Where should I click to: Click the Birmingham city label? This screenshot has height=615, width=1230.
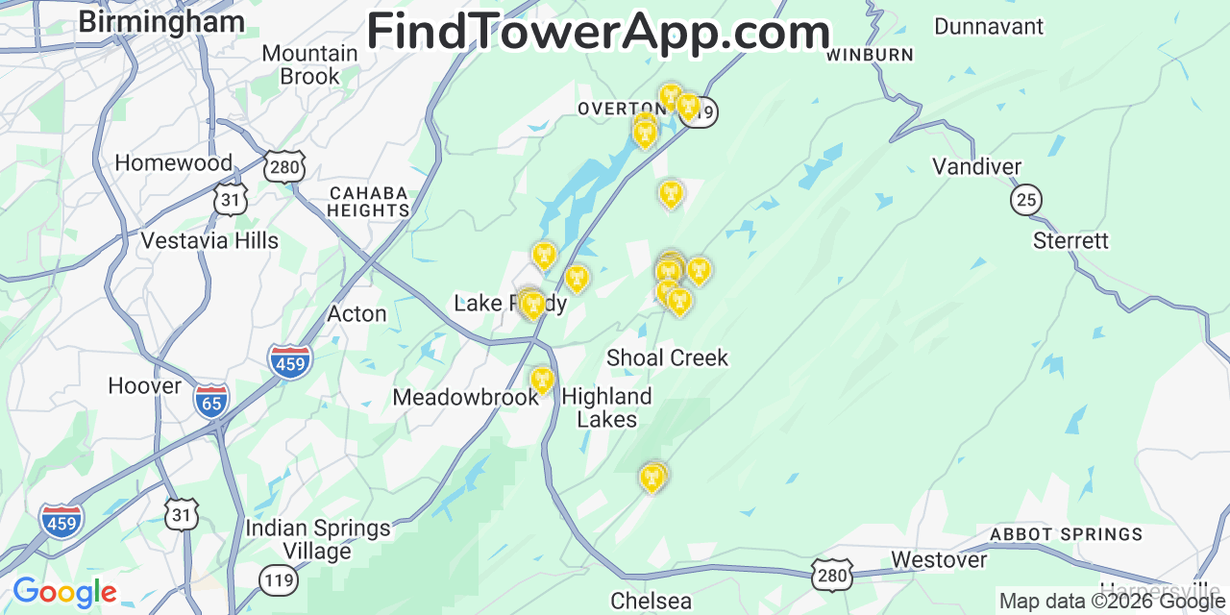160,21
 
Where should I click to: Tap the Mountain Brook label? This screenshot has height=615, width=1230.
309,64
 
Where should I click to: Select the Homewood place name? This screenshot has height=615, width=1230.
173,163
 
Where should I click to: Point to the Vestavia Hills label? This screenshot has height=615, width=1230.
209,240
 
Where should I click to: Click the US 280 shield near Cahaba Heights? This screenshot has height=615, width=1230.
286,167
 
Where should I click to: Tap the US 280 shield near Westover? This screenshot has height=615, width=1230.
830,573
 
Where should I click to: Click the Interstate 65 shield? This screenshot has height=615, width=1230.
210,401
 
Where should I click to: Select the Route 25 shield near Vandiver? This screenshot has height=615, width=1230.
1026,200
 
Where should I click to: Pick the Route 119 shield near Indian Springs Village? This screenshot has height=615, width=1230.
277,579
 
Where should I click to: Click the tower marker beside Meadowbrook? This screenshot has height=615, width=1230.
543,381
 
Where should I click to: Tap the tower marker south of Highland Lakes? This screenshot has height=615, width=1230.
652,478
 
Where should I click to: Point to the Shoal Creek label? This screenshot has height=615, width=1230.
667,358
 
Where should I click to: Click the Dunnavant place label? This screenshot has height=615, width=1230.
988,26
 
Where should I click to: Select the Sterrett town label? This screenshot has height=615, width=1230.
1070,240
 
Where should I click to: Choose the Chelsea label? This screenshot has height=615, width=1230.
651,602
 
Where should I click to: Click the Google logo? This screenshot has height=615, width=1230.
64,592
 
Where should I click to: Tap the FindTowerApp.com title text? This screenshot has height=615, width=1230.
598,32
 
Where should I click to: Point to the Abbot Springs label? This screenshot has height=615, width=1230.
1066,534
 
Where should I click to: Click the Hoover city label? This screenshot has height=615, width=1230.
144,386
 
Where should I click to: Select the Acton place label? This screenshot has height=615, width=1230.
357,314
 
